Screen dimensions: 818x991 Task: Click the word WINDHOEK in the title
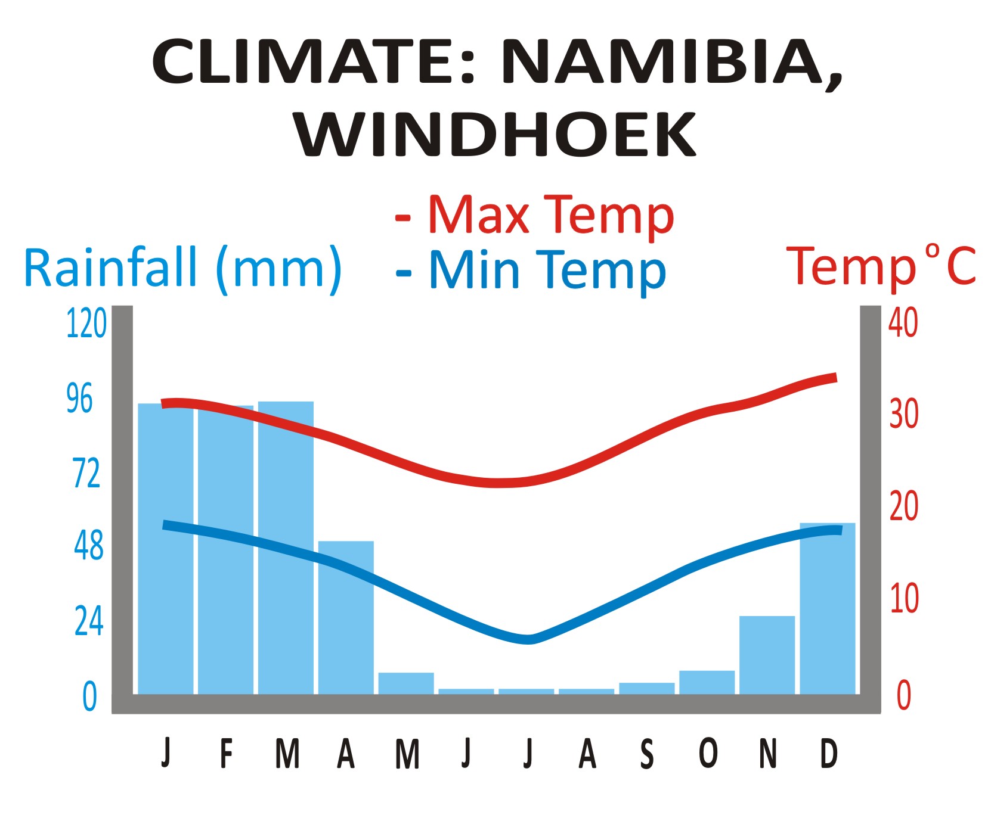495,134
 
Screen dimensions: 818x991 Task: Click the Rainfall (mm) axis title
182,268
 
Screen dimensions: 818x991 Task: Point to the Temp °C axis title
881,267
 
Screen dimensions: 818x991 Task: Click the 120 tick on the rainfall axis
86,324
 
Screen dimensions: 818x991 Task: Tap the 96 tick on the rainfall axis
80,399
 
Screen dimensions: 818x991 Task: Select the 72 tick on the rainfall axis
86,474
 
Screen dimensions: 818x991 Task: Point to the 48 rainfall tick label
88,546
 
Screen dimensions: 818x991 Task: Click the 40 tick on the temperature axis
903,324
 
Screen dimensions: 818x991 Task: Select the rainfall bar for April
346,617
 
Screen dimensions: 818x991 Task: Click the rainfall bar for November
767,655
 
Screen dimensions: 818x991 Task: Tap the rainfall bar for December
827,608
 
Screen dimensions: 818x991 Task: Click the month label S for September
647,754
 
